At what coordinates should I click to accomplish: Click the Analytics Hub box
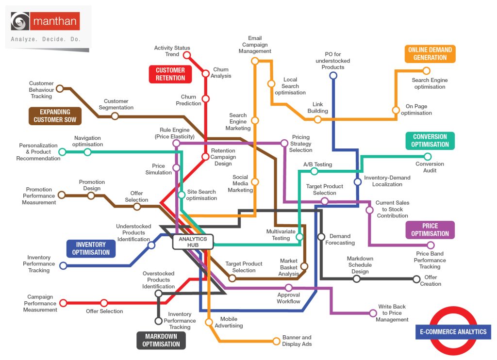(193, 242)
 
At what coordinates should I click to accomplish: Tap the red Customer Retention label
(170, 74)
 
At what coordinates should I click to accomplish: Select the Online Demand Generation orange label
(430, 54)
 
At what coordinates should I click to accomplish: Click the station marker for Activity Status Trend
(186, 55)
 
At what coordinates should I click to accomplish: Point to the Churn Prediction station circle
(205, 99)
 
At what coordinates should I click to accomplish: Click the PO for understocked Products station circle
(333, 75)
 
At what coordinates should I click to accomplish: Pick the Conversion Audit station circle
(428, 156)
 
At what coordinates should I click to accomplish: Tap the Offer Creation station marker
(416, 279)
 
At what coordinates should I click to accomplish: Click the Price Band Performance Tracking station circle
(431, 245)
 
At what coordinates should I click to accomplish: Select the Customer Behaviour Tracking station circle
(60, 88)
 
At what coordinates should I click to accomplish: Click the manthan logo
(46, 22)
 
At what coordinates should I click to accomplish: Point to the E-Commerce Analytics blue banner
(453, 332)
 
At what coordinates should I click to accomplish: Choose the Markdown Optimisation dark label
(161, 340)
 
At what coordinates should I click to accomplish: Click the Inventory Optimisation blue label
(91, 249)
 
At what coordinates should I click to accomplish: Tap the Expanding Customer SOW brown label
(55, 116)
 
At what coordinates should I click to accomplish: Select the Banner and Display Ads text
(297, 341)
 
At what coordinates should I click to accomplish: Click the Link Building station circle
(317, 119)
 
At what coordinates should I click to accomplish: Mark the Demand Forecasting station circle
(321, 237)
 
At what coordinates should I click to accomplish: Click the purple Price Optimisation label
(430, 229)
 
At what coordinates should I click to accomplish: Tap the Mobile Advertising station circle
(209, 322)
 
